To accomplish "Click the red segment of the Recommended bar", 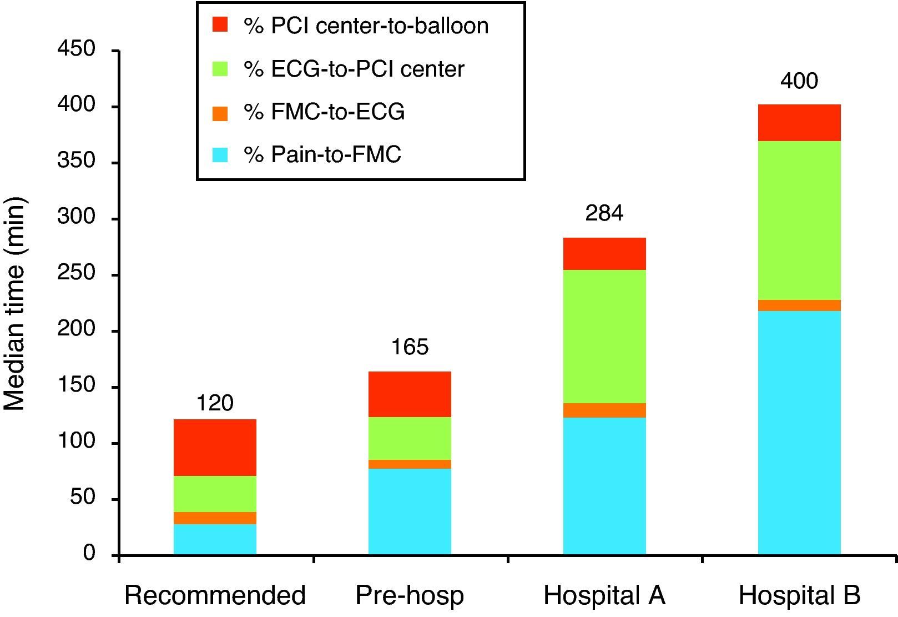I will (215, 447).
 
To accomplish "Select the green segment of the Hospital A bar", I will (604, 336).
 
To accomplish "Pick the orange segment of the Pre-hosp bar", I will (410, 464).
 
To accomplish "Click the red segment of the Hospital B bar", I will (799, 123).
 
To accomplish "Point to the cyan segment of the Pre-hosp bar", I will (410, 511).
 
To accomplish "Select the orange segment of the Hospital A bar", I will (604, 410).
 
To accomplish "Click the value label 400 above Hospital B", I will (799, 81).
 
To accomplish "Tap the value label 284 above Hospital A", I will (604, 213).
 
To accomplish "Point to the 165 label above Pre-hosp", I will (410, 347).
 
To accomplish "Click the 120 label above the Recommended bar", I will (215, 403).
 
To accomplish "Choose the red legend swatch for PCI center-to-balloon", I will (220, 25).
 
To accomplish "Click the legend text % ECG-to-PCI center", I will (354, 69).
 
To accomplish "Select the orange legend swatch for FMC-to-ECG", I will (220, 113).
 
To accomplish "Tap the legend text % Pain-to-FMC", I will (322, 154).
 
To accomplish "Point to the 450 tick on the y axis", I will (76, 50).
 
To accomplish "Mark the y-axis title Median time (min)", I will (15, 303).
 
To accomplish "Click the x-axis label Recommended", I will (215, 595).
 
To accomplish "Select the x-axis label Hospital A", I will (604, 595).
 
